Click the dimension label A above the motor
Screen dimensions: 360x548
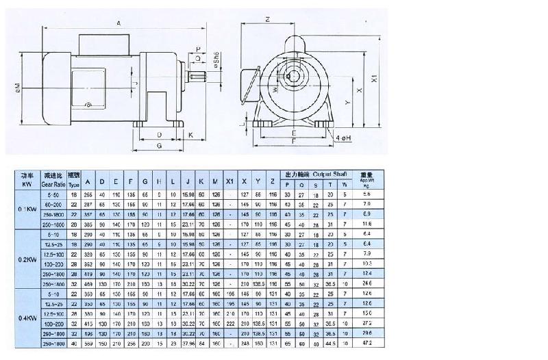(x=119, y=23)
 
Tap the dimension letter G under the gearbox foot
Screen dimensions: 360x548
(x=158, y=146)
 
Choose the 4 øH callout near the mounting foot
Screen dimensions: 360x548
(x=344, y=138)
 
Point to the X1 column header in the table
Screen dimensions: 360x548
(x=229, y=181)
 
